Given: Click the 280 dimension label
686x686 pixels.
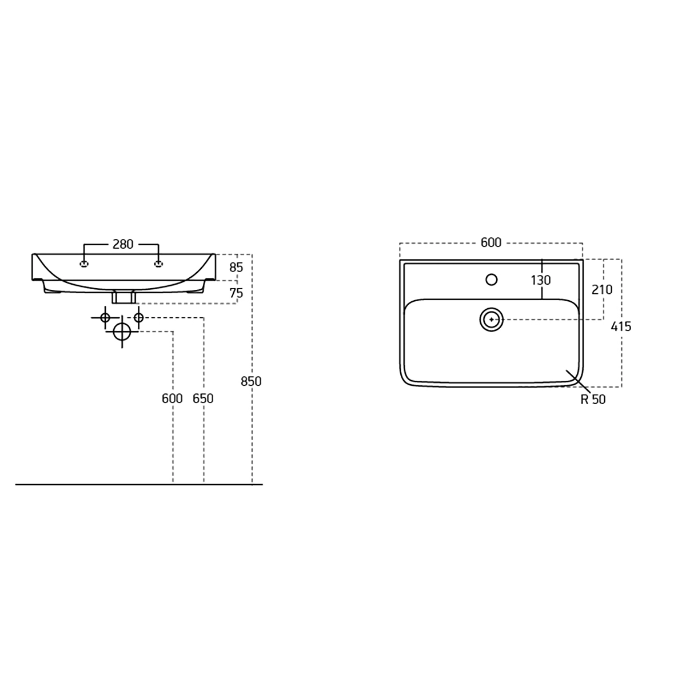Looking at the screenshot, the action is point(123,244).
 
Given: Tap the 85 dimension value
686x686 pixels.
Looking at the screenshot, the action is point(236,268).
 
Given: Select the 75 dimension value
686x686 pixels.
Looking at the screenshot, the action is point(236,293).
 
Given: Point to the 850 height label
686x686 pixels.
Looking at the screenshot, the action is point(251,381).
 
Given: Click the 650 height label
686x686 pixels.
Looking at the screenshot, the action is point(203,398).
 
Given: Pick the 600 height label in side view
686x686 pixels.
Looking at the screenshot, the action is point(172,398).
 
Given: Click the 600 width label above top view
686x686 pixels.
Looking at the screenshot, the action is point(491,242).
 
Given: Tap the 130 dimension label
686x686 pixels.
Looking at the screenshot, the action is point(541,281).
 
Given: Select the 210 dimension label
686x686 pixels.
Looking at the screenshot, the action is point(602,290).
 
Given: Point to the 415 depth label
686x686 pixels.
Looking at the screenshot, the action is point(621,326).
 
